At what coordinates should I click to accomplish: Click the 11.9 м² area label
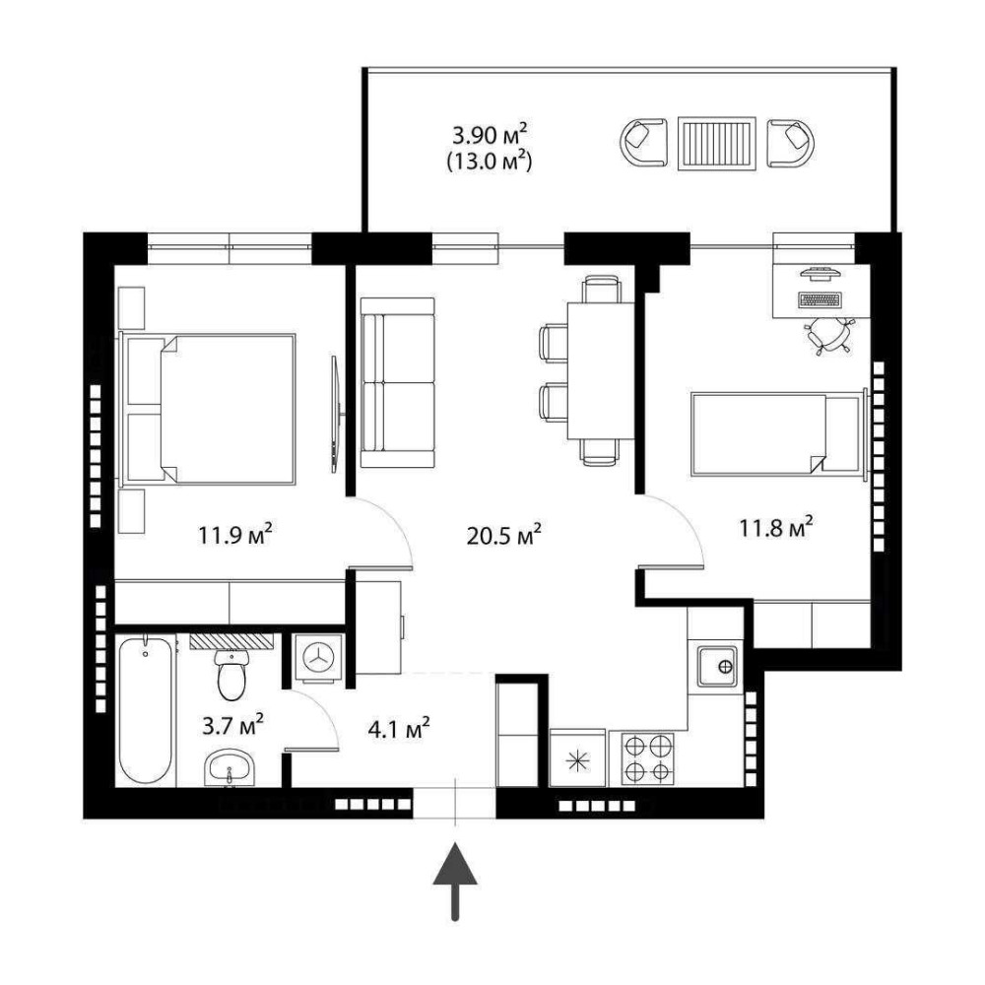point(235,535)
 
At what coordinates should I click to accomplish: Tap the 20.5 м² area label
point(504,535)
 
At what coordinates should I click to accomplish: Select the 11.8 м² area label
point(776,527)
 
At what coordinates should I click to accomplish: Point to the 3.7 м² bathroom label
point(232,726)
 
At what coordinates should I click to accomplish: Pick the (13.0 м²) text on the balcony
point(490,163)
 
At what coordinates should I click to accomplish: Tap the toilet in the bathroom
point(231,674)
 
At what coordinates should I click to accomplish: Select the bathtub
point(145,710)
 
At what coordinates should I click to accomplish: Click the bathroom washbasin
point(230,767)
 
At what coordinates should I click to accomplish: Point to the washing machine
point(319,657)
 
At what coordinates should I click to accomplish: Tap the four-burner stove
point(648,758)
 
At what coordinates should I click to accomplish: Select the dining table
point(601,370)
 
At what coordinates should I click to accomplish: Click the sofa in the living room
point(398,382)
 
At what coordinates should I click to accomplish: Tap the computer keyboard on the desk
point(820,299)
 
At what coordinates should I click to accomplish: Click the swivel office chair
point(828,334)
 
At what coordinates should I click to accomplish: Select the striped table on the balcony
point(717,143)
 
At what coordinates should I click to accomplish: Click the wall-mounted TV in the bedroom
point(336,414)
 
